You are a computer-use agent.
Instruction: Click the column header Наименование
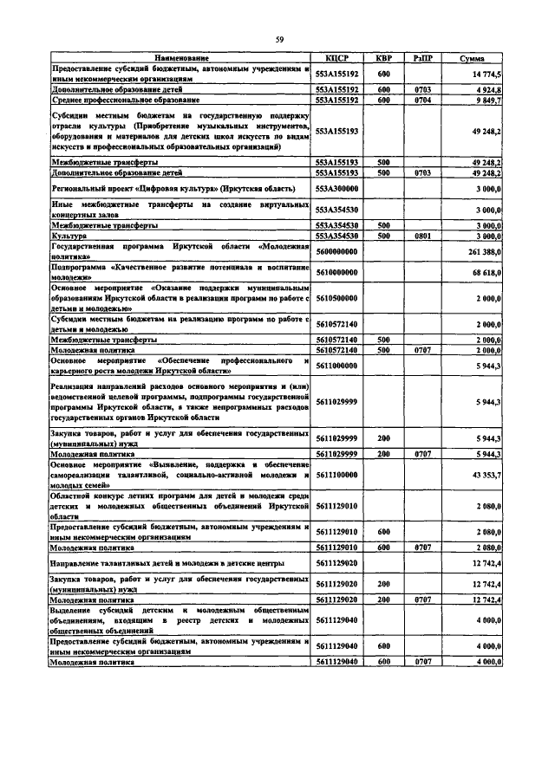[181, 58]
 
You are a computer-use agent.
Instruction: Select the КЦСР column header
[336, 58]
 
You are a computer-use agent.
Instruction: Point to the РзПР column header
[424, 58]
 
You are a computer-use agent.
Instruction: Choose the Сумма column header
[473, 58]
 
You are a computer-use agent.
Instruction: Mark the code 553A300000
[336, 188]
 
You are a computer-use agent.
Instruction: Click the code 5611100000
[336, 476]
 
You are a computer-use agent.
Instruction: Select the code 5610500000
[336, 298]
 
